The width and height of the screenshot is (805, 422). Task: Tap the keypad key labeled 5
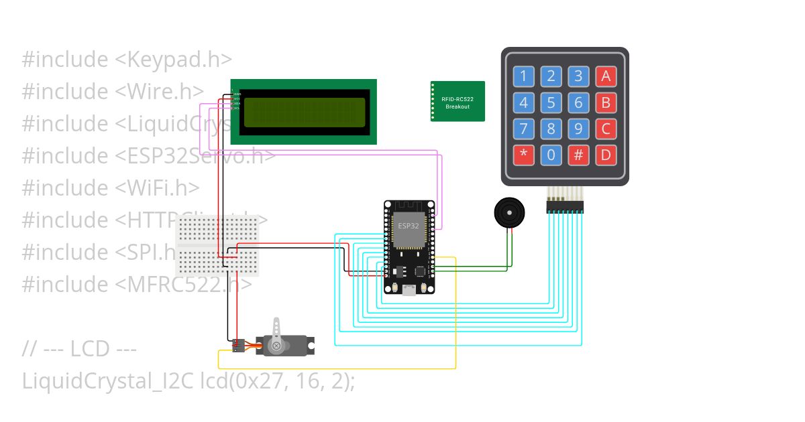(551, 102)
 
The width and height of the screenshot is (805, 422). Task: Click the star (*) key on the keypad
(523, 155)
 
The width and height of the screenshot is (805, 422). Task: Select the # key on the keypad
(578, 155)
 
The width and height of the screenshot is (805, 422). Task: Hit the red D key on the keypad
(606, 155)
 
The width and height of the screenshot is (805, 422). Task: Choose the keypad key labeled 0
(551, 155)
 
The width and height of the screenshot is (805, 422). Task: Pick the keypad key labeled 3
(578, 76)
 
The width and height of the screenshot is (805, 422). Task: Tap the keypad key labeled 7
(523, 129)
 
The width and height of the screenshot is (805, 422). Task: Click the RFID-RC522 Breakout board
(458, 102)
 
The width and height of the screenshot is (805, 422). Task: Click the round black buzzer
(509, 213)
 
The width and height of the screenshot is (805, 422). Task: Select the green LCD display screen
(304, 112)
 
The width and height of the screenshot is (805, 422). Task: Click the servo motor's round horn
(276, 346)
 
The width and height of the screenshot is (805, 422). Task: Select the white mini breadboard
(217, 246)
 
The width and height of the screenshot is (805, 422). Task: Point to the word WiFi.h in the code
(158, 188)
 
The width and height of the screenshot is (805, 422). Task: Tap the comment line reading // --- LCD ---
(79, 348)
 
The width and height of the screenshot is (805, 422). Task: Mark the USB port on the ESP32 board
(409, 289)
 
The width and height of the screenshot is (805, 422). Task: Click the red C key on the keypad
(606, 129)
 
